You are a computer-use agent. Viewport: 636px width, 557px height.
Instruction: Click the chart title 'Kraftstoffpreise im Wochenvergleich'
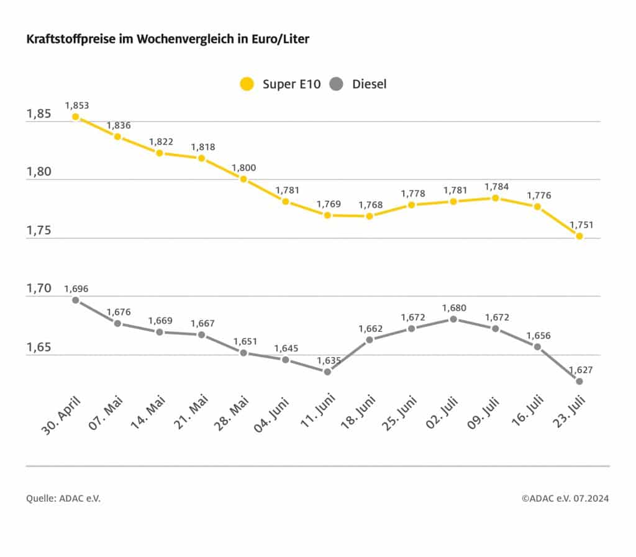click(168, 40)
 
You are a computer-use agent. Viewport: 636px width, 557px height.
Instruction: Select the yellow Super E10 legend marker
click(247, 84)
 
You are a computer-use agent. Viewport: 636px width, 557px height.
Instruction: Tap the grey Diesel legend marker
click(337, 84)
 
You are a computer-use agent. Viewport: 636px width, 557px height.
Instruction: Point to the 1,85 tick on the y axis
click(39, 114)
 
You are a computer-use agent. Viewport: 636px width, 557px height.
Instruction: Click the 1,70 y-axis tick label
click(39, 288)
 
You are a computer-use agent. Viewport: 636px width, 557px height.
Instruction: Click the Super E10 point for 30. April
click(75, 116)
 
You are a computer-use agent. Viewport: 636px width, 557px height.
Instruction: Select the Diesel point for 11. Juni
click(327, 372)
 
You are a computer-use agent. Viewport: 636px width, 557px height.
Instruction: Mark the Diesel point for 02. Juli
click(453, 319)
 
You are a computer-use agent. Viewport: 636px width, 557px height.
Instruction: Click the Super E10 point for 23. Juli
click(579, 236)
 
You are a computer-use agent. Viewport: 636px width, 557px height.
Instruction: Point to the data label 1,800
click(243, 167)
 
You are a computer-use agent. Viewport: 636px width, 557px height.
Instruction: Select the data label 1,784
click(495, 187)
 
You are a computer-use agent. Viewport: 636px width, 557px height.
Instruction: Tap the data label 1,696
click(76, 288)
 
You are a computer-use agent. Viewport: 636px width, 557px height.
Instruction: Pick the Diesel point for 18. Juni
click(370, 340)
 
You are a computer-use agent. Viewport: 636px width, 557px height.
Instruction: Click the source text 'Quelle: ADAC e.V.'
click(63, 498)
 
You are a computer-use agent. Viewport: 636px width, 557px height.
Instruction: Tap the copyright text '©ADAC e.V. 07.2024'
click(565, 498)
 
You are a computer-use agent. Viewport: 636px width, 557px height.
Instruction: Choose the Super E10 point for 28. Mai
click(243, 179)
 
